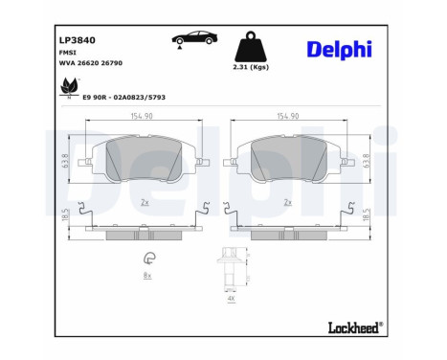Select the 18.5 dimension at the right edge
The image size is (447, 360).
[367, 215]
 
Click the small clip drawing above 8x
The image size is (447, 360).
[148, 258]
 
